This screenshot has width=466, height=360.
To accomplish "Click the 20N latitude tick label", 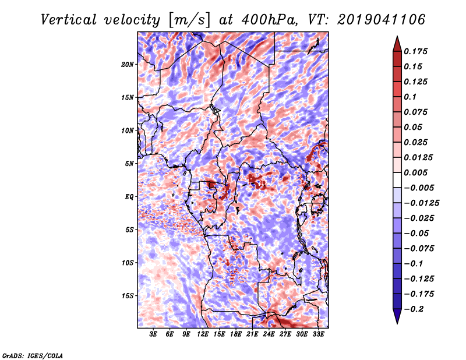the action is point(128,65).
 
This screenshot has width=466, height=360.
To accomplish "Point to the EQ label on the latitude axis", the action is point(129,197).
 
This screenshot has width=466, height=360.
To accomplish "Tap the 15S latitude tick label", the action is point(128,296).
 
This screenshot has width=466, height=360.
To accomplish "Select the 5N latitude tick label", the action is point(129,164).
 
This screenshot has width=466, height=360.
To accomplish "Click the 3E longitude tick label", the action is point(153,334).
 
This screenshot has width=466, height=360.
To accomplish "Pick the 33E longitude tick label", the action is point(318,334).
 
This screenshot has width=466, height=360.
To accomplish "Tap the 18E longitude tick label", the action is point(236,334).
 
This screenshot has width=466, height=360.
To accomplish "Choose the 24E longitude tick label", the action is point(269,334).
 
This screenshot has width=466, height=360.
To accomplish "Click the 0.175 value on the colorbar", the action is point(415,52).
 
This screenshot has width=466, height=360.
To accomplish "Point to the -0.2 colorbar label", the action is point(413,309).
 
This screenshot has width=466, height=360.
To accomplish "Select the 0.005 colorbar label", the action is point(415,173).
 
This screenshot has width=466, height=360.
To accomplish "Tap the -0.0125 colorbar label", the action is point(421,203).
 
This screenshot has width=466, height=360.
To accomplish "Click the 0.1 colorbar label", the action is point(410,97).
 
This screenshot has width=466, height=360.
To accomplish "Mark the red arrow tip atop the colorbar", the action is point(397,36).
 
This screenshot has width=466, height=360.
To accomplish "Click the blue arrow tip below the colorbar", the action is point(397,323).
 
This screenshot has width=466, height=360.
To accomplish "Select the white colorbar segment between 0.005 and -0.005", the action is point(397,180).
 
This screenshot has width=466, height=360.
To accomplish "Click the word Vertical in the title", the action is point(69,20).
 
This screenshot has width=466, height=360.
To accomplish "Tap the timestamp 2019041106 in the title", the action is point(382,20).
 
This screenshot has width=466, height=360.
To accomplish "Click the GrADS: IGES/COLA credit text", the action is point(33,356).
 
